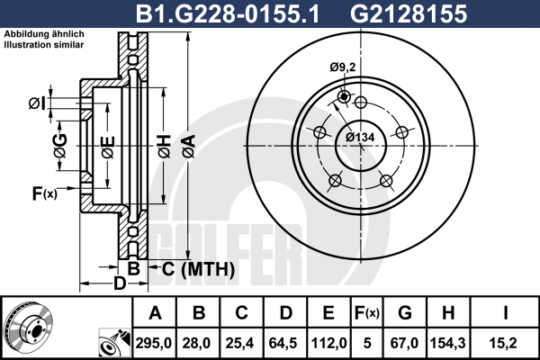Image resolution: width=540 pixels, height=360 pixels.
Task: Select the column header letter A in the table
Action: click(x=154, y=314)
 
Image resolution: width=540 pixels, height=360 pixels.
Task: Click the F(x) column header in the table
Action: click(x=366, y=314)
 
